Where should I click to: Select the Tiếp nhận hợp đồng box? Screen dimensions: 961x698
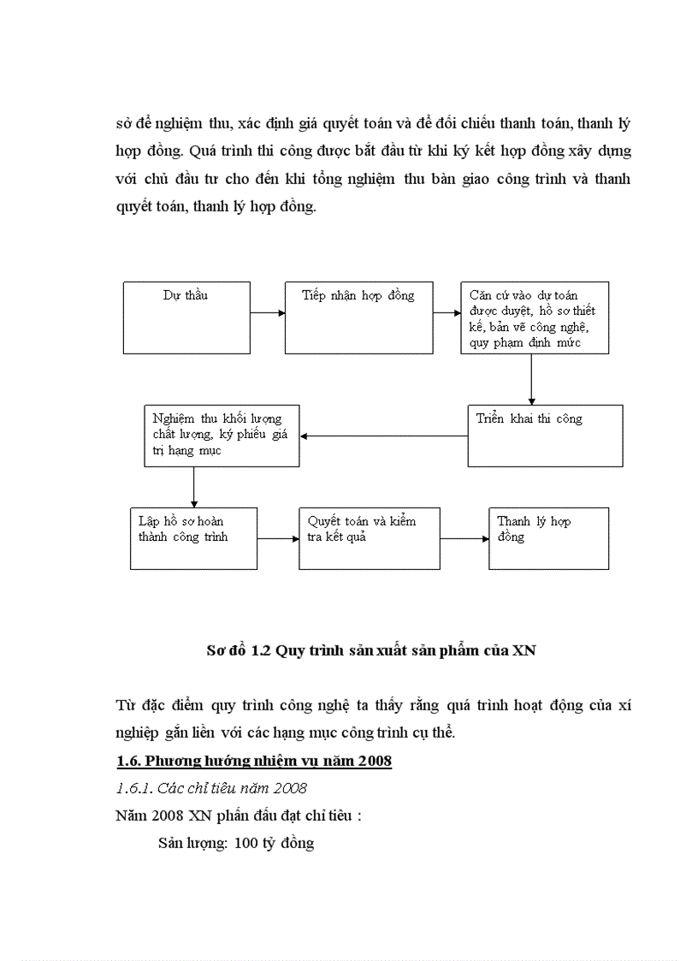click(358, 317)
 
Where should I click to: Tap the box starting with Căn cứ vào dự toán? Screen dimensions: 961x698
click(534, 317)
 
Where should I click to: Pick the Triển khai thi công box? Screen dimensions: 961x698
click(545, 436)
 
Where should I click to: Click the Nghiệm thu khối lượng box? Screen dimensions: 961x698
click(222, 436)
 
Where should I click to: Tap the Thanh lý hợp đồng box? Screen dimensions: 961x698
click(548, 538)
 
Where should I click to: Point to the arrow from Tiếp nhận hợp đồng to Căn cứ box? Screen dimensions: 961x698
click(446, 313)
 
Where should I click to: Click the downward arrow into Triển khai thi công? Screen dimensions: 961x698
click(532, 378)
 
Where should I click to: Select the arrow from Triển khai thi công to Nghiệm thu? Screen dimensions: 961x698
click(383, 436)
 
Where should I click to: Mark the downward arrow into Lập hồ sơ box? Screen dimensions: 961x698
click(194, 487)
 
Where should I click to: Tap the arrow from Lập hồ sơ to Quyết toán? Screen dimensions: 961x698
click(278, 538)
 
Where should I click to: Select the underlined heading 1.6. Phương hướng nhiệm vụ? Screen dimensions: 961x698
click(253, 761)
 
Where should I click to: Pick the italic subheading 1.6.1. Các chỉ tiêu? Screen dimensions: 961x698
click(211, 788)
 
